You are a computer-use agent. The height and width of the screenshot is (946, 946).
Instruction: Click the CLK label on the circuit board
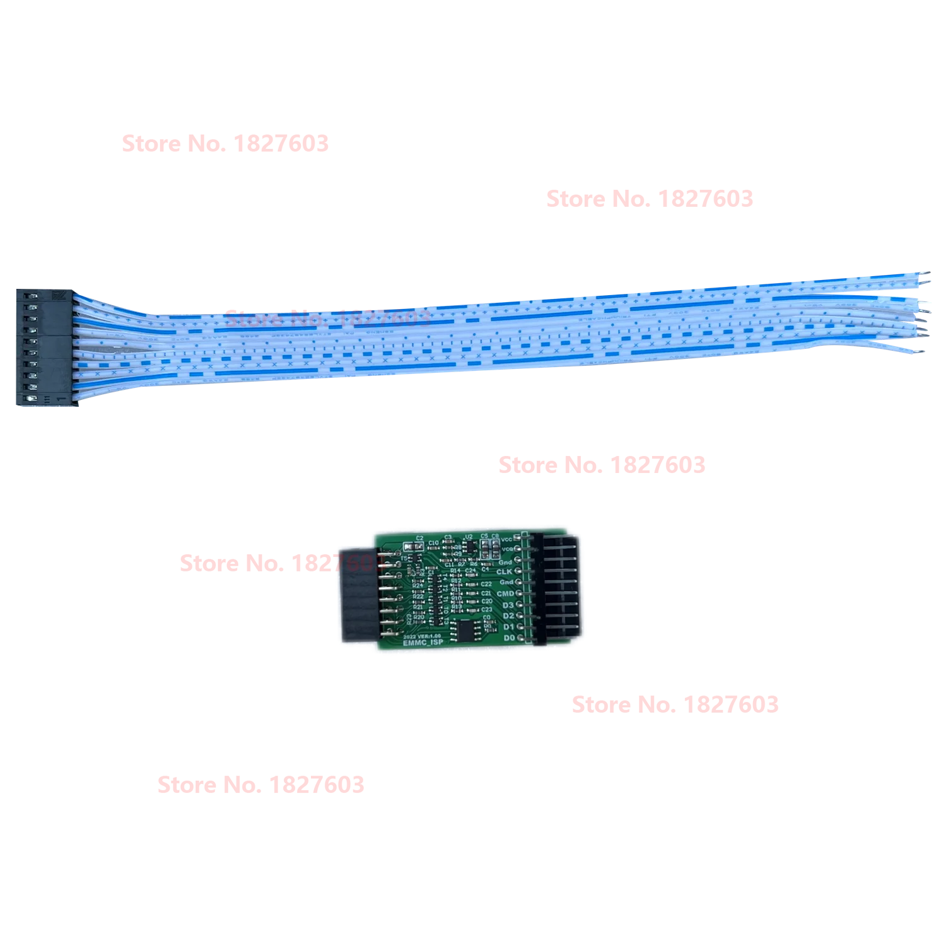[x=505, y=571]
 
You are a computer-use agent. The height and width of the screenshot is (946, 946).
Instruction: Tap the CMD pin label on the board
[x=505, y=593]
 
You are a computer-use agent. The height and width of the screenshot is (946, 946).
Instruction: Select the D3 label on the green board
[x=508, y=605]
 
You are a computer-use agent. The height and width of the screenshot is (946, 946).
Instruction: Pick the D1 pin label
[x=509, y=627]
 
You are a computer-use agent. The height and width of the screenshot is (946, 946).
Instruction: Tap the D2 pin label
[x=509, y=616]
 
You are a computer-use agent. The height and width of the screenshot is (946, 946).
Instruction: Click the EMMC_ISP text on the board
[x=423, y=643]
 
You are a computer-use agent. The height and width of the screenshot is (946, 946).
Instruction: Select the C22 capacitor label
[x=486, y=584]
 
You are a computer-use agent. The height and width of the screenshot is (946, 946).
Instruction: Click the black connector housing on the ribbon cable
[x=44, y=348]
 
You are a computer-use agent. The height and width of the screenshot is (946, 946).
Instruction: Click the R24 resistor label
[x=417, y=586]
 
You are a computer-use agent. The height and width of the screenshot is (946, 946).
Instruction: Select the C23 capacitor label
[x=486, y=609]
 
